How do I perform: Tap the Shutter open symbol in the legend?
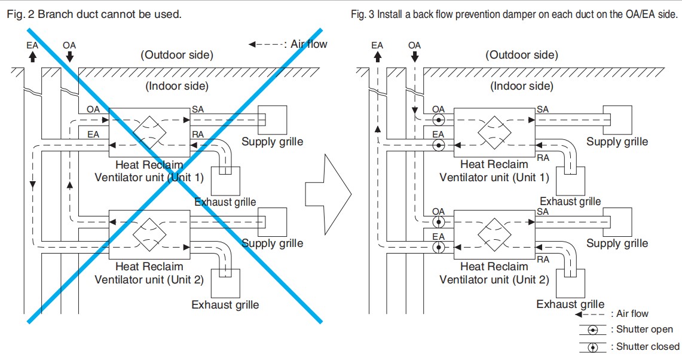pyautogui.click(x=592, y=331)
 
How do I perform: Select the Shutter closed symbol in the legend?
pyautogui.click(x=592, y=347)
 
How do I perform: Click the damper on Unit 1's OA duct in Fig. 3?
pyautogui.click(x=439, y=120)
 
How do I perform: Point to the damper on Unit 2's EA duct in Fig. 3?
pyautogui.click(x=439, y=248)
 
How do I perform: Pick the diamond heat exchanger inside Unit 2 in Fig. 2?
pyautogui.click(x=149, y=235)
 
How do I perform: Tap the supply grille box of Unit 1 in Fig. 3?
pyautogui.click(x=617, y=120)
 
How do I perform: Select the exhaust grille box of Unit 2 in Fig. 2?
pyautogui.click(x=225, y=283)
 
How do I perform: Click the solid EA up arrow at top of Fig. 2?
pyautogui.click(x=32, y=57)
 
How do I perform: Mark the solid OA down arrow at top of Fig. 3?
pyautogui.click(x=414, y=57)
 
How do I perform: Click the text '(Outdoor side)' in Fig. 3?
pyautogui.click(x=521, y=55)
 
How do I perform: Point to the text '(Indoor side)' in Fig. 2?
pyautogui.click(x=176, y=86)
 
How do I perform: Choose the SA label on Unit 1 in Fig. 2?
pyautogui.click(x=197, y=109)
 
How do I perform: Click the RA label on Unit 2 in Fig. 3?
pyautogui.click(x=543, y=260)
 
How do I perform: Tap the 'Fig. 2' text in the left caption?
pyautogui.click(x=20, y=14)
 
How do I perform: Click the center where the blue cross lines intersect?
pyautogui.click(x=175, y=176)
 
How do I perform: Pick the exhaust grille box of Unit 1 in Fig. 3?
pyautogui.click(x=570, y=181)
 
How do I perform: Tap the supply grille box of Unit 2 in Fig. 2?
pyautogui.click(x=273, y=222)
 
